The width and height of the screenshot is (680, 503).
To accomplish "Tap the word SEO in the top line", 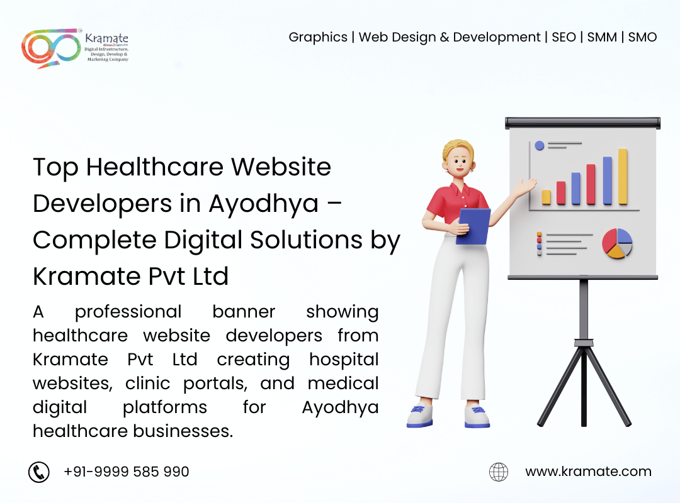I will pyautogui.click(x=564, y=37).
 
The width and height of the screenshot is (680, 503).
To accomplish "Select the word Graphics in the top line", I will pyautogui.click(x=318, y=37).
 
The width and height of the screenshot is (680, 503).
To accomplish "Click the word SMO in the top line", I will pyautogui.click(x=642, y=37).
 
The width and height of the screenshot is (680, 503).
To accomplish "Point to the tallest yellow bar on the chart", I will pyautogui.click(x=623, y=177).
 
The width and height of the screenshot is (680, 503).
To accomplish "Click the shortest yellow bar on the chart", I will pyautogui.click(x=546, y=197).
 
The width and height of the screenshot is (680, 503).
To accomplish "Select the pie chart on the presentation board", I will pyautogui.click(x=616, y=243).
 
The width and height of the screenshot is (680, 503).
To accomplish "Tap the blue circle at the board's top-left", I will pyautogui.click(x=539, y=145).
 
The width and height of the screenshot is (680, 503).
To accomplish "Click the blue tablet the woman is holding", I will pyautogui.click(x=473, y=226).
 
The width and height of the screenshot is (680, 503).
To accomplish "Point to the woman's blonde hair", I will pyautogui.click(x=458, y=150).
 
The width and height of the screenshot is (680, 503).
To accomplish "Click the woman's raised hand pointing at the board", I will pyautogui.click(x=526, y=185).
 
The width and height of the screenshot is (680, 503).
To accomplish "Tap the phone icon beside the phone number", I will pyautogui.click(x=39, y=472).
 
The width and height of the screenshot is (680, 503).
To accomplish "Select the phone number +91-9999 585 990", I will pyautogui.click(x=126, y=472).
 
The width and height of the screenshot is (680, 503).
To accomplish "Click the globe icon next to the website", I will pyautogui.click(x=499, y=472).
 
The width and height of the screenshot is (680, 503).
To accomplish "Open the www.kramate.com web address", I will pyautogui.click(x=588, y=472).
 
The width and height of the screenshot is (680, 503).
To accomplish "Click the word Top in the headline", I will pyautogui.click(x=55, y=167).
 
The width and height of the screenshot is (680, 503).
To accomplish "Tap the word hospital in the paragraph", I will pyautogui.click(x=344, y=360).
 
